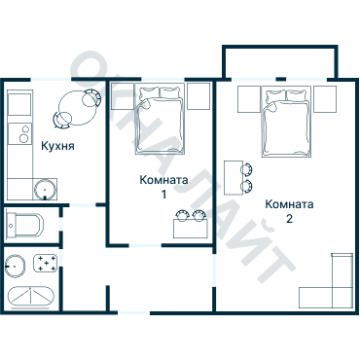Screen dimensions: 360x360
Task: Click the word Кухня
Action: tap(57, 146)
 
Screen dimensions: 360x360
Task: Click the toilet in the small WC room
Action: tap(25, 225)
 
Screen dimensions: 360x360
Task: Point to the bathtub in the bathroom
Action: tap(31, 297)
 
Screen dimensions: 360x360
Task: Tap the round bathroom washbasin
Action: tap(15, 267)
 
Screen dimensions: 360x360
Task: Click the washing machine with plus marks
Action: tap(46, 264)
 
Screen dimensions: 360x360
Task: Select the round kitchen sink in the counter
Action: tap(45, 190)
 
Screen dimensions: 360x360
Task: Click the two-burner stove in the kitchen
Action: tap(20, 133)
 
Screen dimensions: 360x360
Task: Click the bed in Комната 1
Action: tap(160, 119)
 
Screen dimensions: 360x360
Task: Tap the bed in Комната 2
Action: tap(286, 122)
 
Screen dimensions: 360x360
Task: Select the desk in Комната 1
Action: tap(191, 229)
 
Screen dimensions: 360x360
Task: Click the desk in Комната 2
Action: tap(234, 178)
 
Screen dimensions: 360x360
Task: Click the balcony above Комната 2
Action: tap(280, 62)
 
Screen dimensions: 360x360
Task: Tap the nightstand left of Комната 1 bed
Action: tap(123, 96)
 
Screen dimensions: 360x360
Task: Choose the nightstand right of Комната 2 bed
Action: tap(325, 99)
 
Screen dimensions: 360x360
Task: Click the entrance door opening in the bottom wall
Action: tap(133, 313)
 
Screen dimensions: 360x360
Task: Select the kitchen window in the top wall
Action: tap(51, 79)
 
